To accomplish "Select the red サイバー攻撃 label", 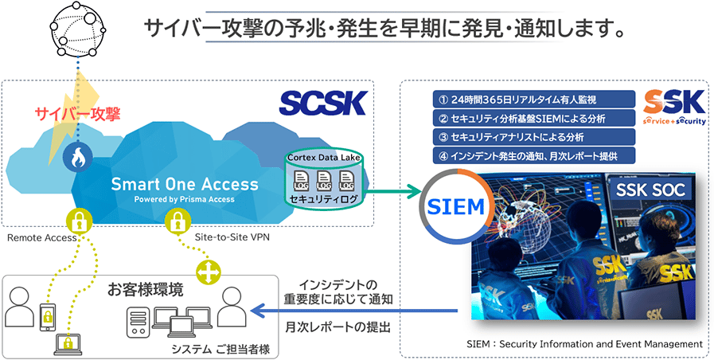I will point(77,114).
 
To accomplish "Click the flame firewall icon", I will point(76,157).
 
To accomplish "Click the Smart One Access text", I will point(185,184).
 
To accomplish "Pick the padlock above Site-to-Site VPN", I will point(177,221).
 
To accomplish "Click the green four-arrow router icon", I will point(208,272).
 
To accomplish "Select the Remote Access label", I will point(41,237).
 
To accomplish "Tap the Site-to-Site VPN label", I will point(232,237).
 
